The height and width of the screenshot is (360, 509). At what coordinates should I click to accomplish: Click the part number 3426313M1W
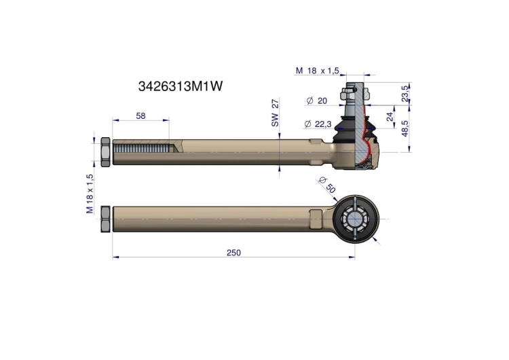(x=181, y=86)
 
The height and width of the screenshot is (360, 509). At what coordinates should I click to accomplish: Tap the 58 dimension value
(x=140, y=115)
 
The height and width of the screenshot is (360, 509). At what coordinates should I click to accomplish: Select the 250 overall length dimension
(x=233, y=253)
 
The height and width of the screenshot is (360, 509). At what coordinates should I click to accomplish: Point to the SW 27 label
(x=275, y=113)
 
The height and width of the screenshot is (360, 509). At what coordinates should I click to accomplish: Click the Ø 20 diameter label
(x=317, y=101)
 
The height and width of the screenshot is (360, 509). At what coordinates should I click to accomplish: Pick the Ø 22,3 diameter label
(x=318, y=124)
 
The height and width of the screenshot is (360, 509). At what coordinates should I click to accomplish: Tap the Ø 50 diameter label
(x=327, y=185)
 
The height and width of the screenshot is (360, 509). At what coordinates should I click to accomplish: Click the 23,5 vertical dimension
(x=405, y=94)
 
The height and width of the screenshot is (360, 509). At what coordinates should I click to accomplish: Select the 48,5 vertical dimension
(x=405, y=128)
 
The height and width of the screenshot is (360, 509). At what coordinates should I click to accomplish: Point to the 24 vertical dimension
(x=390, y=116)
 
